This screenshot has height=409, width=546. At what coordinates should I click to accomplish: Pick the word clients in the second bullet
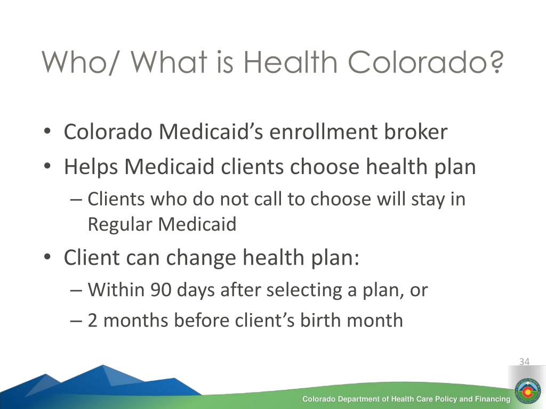tap(252, 167)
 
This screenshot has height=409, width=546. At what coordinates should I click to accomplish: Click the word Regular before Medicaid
tap(120, 224)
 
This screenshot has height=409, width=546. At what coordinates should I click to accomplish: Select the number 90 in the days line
tap(161, 290)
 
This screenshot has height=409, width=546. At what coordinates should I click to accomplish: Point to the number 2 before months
tap(92, 320)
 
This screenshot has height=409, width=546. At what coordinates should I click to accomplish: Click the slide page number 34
tap(524, 362)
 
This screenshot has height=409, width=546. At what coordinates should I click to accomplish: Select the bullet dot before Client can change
tap(47, 257)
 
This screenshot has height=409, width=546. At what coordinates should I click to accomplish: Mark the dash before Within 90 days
tap(76, 291)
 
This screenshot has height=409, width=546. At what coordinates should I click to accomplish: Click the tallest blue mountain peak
tap(103, 365)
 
